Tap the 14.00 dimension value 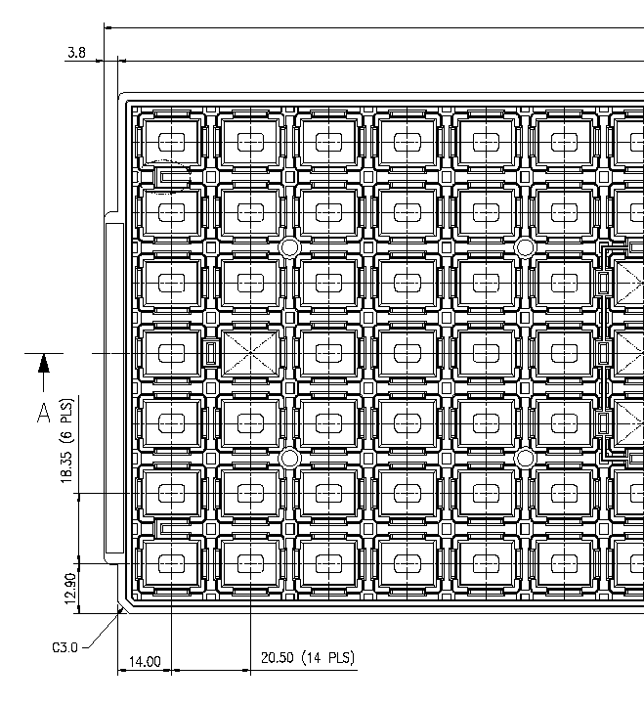(x=145, y=662)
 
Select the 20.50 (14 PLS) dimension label (x=301, y=657)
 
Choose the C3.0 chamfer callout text (x=66, y=647)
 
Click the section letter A (x=43, y=413)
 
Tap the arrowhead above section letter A (x=43, y=365)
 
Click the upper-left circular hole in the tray (x=289, y=247)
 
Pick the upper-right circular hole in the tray (x=525, y=247)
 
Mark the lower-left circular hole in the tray (x=289, y=458)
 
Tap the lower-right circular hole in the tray (x=525, y=458)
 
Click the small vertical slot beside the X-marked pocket (x=210, y=352)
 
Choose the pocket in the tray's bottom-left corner (x=172, y=564)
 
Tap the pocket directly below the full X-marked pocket (x=251, y=422)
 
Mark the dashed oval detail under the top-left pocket (x=172, y=176)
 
